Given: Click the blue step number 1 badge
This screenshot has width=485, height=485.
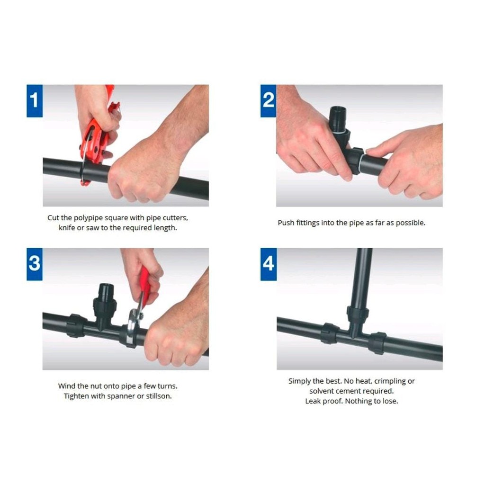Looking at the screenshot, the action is (x=34, y=101).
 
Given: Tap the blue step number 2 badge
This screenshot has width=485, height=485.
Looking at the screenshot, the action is (x=268, y=101).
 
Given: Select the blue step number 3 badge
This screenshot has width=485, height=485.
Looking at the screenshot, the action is (x=34, y=264).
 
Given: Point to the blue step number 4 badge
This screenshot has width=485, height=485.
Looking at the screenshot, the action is (x=268, y=264).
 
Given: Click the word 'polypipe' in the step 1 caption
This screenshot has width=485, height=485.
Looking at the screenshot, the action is (x=88, y=218).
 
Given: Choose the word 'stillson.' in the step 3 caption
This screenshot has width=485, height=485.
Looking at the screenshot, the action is (x=159, y=396).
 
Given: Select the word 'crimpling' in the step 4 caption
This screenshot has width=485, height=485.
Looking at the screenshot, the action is (x=390, y=381).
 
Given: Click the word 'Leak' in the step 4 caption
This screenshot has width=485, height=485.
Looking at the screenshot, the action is (x=313, y=401).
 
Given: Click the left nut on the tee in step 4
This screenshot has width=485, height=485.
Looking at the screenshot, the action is (x=330, y=333).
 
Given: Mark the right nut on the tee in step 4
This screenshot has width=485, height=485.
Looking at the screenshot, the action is (x=377, y=343).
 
